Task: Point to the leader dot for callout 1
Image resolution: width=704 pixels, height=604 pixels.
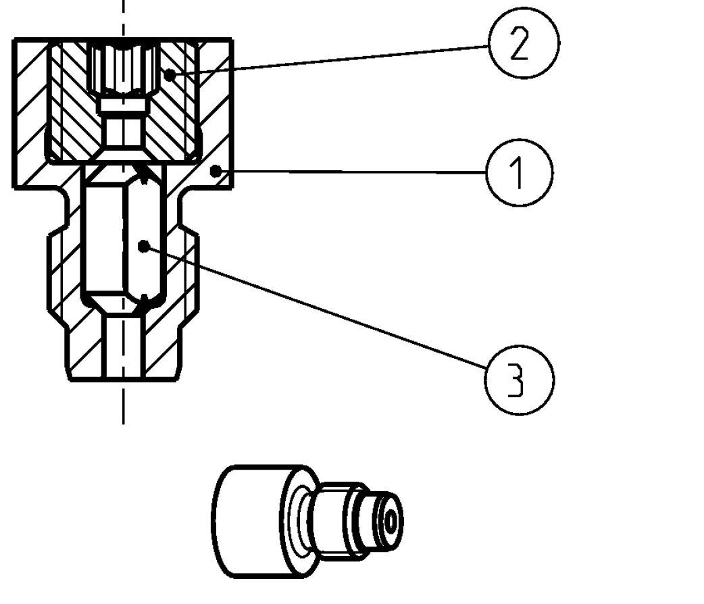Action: point(215,172)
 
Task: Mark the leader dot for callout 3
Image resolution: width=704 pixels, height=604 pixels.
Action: point(142,246)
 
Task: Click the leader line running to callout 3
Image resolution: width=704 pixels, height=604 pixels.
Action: point(318,308)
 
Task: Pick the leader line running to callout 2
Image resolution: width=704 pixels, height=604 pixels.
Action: point(331,61)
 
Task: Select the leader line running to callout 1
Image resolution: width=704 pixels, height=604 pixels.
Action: point(351,172)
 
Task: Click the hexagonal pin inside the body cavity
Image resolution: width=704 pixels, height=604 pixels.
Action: point(122,233)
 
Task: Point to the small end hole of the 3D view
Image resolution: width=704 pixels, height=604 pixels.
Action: point(391,521)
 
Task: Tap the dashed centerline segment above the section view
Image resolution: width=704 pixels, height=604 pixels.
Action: point(123,17)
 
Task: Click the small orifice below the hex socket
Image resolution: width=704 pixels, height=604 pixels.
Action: point(123,126)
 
